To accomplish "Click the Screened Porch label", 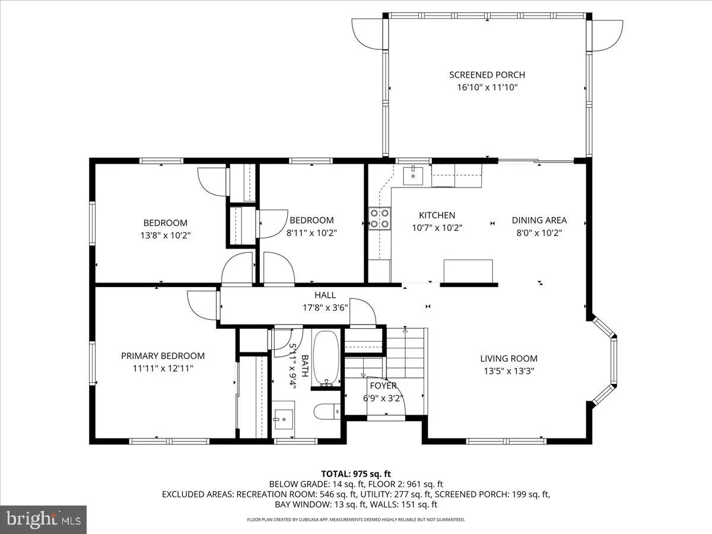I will tap(487, 75).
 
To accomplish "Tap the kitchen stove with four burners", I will tap(380, 218).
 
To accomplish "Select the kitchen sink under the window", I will tap(413, 174).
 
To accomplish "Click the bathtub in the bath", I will tap(325, 358).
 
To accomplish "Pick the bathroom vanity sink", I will tap(284, 418).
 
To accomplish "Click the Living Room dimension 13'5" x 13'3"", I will tap(508, 371).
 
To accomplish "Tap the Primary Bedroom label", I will tap(163, 356).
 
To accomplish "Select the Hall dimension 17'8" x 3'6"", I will tap(325, 307).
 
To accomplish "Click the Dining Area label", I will tap(539, 220).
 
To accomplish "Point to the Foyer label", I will tap(383, 386).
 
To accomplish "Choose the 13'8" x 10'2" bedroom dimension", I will tap(165, 234).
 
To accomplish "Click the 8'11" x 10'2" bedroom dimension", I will tap(311, 233).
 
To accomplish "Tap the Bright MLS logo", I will tap(44, 519).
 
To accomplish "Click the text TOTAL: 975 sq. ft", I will tap(355, 473).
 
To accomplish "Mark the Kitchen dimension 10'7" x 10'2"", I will tap(437, 227).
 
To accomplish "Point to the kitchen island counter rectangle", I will tap(468, 271).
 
